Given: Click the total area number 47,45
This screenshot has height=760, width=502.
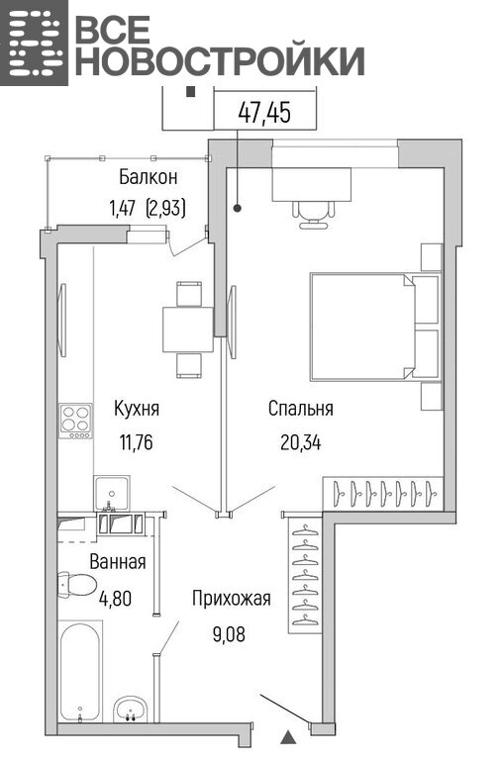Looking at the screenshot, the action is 264,113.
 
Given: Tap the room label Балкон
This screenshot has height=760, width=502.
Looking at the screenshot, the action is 149,177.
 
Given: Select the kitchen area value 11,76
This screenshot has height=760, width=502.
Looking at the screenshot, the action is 137,442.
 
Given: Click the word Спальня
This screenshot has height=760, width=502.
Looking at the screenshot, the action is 301,409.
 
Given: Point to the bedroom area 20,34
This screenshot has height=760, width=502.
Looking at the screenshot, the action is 301,442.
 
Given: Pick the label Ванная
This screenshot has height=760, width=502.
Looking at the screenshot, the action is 118,562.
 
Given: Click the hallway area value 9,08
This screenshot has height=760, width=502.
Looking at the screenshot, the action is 229,633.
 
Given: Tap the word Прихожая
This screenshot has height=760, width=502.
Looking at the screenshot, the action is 231,599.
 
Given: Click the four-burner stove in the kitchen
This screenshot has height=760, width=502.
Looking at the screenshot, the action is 75,421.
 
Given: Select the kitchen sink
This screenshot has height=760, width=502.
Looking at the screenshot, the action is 112,493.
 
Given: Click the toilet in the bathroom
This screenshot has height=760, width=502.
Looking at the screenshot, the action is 75,585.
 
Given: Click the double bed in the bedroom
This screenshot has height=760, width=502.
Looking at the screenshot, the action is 375,327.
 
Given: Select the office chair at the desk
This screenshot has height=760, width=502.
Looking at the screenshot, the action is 314,214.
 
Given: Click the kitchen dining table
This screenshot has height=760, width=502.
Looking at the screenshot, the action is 188,330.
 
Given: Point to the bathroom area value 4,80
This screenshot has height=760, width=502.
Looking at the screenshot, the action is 115,599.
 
